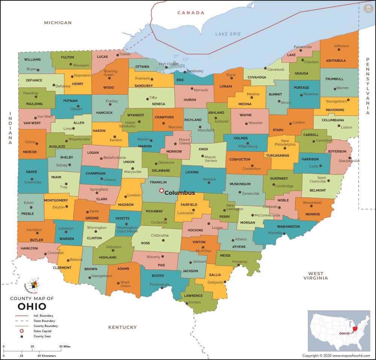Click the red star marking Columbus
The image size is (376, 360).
pos(162,191)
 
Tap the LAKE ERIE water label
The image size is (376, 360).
pos(228,34)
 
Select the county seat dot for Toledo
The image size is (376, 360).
pos(118,55)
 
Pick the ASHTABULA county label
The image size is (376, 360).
pos(336,61)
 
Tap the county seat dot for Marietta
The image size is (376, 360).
pos(284,234)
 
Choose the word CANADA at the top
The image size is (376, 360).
pos(191,13)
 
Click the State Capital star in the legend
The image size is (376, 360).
pos(22,331)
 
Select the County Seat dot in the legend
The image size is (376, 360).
pos(22,336)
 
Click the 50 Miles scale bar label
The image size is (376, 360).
pos(64,346)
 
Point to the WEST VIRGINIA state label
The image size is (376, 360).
pos(315,276)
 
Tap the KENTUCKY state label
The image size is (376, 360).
pos(123,327)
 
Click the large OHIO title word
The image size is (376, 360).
pos(32,306)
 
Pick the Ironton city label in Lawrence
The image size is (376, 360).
pos(194,302)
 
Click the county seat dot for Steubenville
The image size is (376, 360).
pos(350,158)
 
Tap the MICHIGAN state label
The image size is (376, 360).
pos(58,23)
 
